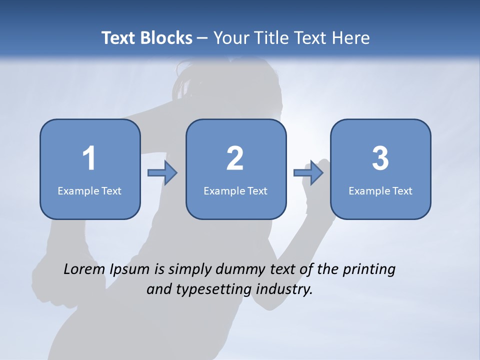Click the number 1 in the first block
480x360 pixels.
[x=89, y=158]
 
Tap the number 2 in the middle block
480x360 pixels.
[x=235, y=158]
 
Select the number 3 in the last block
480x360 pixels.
[x=380, y=158]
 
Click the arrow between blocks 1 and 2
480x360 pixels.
[x=163, y=173]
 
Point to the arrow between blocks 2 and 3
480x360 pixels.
[x=308, y=173]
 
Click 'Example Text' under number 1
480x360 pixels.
[x=89, y=190]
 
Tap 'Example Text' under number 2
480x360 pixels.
[x=235, y=190]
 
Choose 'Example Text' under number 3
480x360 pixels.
[x=380, y=190]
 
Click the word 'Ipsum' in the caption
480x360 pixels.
[x=129, y=270]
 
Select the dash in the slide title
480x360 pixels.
[x=202, y=38]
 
